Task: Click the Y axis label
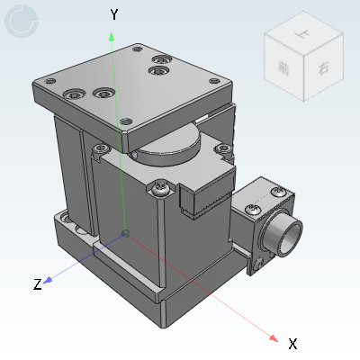[114, 14]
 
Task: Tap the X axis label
[292, 344]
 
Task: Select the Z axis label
[38, 285]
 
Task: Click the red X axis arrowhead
[274, 336]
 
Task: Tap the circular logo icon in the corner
[22, 22]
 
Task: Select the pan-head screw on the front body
[161, 188]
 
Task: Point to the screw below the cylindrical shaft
[261, 263]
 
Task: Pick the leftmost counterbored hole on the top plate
[74, 92]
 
